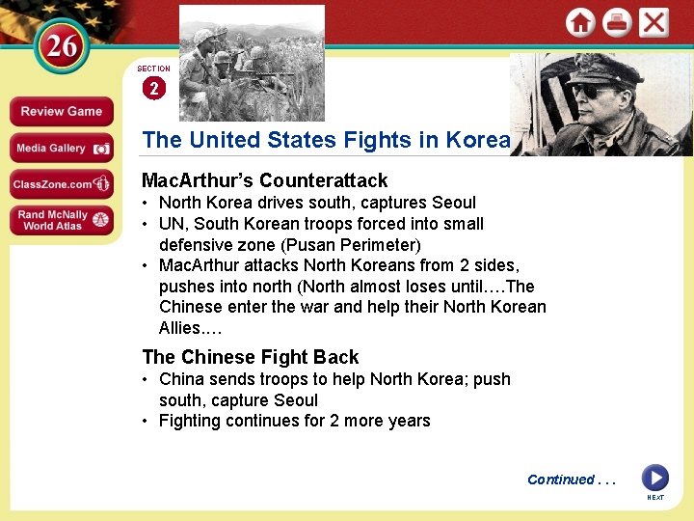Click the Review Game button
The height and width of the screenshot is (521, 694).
[61, 111]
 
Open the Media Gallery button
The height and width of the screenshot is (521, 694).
[61, 148]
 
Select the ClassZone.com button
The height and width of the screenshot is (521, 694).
[61, 183]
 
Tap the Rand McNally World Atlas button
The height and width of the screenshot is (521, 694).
[61, 220]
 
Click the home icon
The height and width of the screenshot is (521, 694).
[580, 22]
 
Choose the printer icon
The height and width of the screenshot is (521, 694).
[617, 22]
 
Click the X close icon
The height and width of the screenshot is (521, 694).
[654, 22]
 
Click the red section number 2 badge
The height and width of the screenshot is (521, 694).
[153, 88]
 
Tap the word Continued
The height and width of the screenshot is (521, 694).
[561, 480]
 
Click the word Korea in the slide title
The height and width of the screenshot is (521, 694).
[477, 140]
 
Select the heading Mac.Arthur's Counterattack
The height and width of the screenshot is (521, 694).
[264, 180]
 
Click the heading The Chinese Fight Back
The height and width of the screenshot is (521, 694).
[250, 357]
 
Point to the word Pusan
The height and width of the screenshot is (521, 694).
[310, 244]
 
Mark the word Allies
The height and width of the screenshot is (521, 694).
[180, 328]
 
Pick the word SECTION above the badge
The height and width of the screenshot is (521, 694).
[153, 69]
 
